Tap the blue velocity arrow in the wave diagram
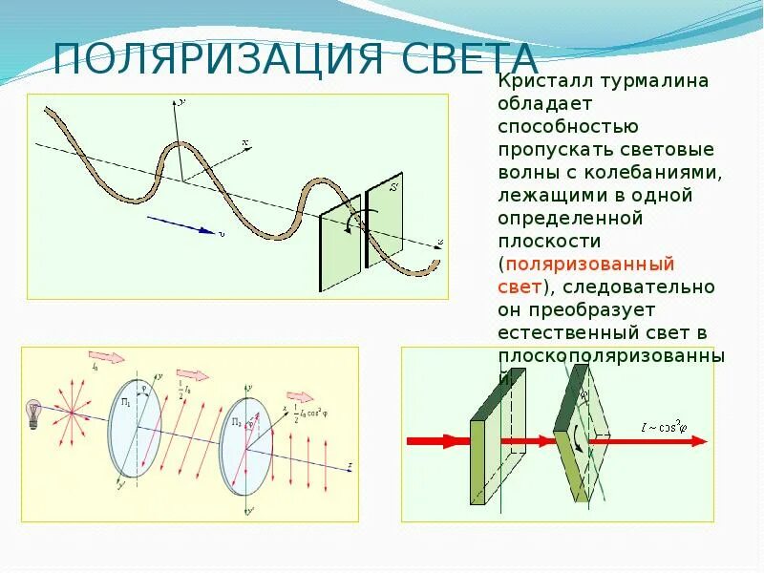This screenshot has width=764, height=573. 181,225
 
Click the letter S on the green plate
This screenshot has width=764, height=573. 393,188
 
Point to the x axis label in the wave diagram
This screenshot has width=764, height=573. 245,143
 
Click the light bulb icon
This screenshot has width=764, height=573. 33,413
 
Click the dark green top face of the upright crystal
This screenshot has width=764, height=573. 499,396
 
